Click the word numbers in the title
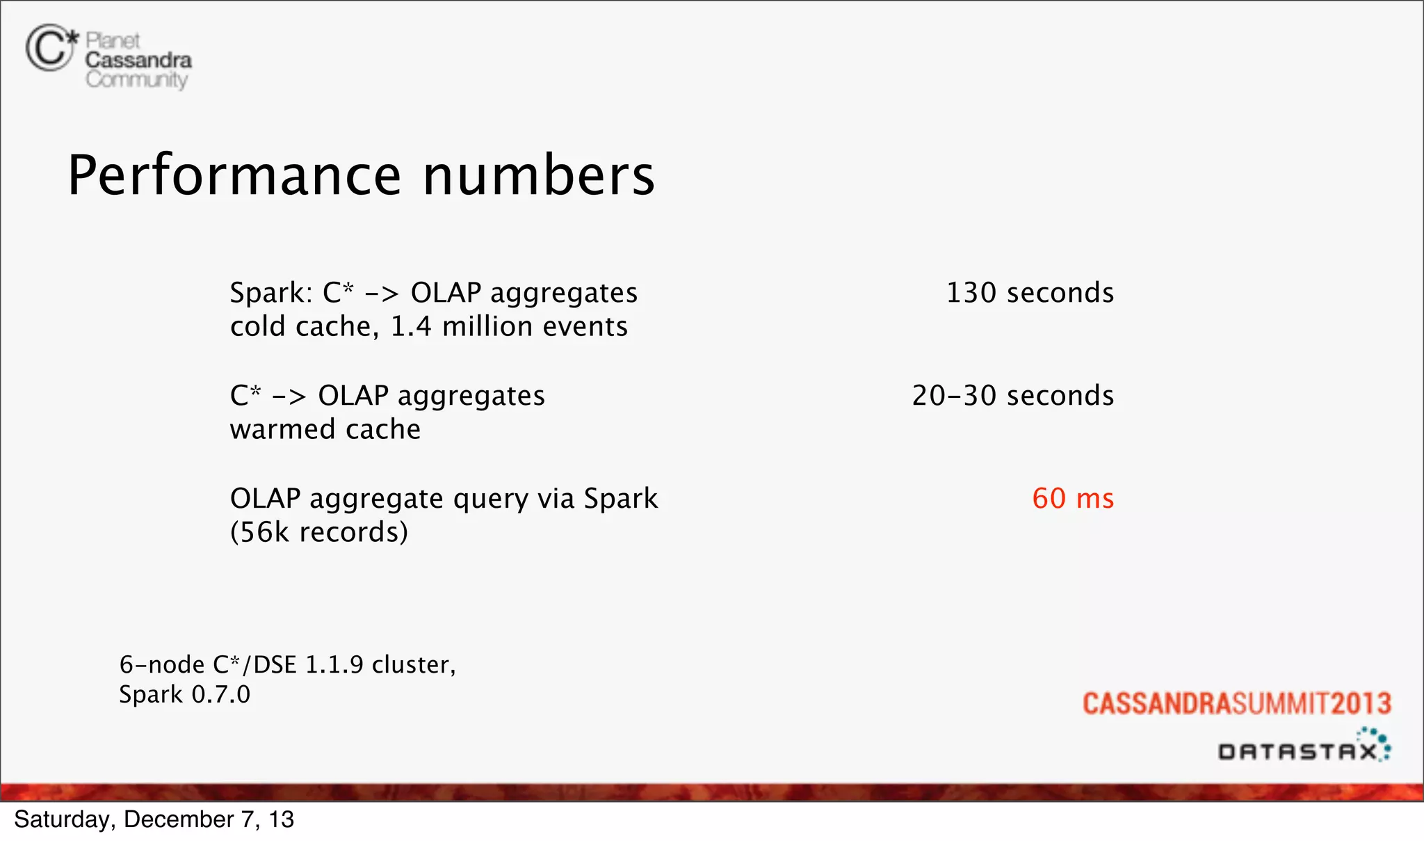[539, 175]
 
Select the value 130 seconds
[1030, 293]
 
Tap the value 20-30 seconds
[1012, 396]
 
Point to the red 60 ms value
[1073, 499]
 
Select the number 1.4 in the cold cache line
[411, 326]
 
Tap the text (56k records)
[319, 532]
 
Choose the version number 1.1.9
[334, 665]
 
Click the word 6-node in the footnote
[162, 665]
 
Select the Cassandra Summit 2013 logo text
[1236, 703]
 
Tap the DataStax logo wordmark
[1297, 751]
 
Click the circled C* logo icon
[50, 47]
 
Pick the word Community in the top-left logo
[137, 80]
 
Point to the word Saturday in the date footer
[61, 819]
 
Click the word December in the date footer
[179, 819]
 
